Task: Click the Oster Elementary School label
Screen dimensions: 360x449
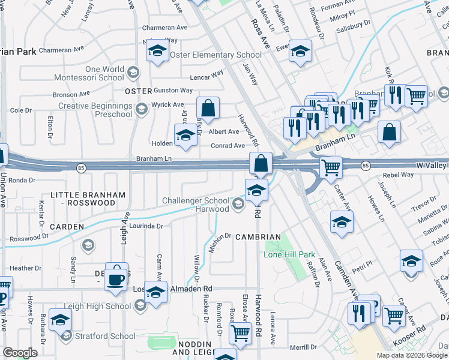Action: point(215,55)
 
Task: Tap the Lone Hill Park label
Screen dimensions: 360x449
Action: point(290,254)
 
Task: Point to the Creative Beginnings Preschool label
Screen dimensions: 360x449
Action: point(95,110)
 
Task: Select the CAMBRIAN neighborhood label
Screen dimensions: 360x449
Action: point(258,237)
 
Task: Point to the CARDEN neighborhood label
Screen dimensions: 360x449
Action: point(67,227)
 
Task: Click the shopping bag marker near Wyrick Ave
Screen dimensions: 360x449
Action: point(208,109)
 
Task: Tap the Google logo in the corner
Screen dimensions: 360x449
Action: point(20,353)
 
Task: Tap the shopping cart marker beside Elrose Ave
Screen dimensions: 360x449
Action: point(240,333)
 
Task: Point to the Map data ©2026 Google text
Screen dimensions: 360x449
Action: point(412,355)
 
